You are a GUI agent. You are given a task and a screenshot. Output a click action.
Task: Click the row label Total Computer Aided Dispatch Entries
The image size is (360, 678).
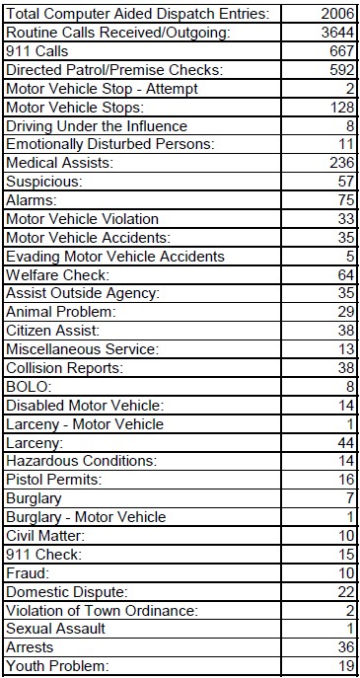pyautogui.click(x=138, y=15)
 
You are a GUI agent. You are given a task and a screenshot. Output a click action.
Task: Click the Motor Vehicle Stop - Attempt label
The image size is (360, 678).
pyautogui.click(x=102, y=89)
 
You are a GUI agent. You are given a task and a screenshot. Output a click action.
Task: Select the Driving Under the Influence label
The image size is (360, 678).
pyautogui.click(x=97, y=126)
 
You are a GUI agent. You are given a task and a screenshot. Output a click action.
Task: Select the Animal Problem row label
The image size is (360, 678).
pyautogui.click(x=61, y=312)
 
